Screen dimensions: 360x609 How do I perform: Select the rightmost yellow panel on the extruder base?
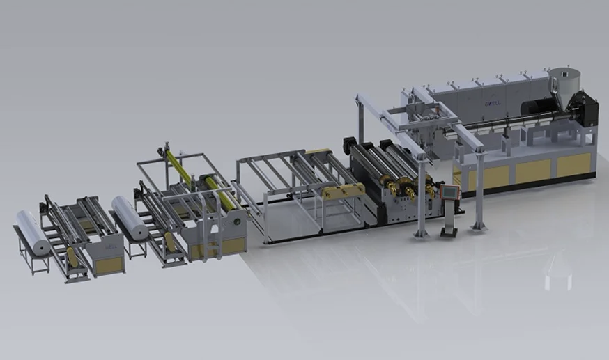tap(573, 165)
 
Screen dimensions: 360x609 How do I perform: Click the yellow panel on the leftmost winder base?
tap(108, 265)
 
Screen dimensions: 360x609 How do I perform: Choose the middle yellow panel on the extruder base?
tap(533, 171)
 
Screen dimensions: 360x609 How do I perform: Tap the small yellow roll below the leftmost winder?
tap(72, 257)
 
